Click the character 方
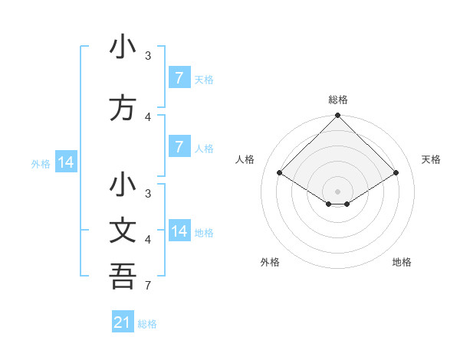click(x=123, y=109)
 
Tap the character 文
click(x=123, y=231)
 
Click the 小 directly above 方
click(x=123, y=47)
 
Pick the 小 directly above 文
click(x=123, y=185)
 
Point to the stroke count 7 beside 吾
click(x=147, y=286)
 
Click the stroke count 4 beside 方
click(x=147, y=117)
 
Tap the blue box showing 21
click(x=123, y=322)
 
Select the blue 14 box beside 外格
click(x=65, y=162)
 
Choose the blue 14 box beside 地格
click(x=179, y=231)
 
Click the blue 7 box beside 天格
click(x=179, y=78)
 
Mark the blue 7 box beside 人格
click(x=179, y=147)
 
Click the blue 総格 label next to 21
click(x=147, y=324)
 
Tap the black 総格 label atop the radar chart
click(x=337, y=100)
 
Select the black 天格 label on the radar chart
click(x=431, y=159)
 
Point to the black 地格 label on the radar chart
click(x=402, y=262)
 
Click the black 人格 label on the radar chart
click(x=245, y=159)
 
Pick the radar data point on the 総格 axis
click(x=337, y=116)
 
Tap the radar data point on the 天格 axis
click(x=396, y=173)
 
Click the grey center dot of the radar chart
click(x=337, y=191)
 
